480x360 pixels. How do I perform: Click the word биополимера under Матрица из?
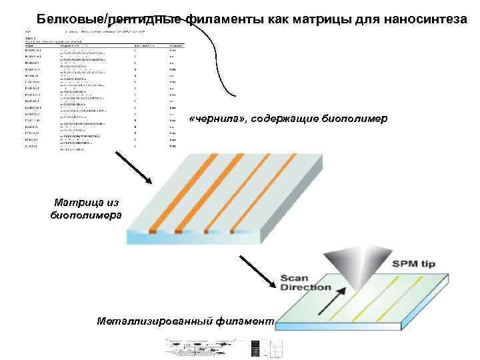86,215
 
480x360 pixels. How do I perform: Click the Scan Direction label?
305,283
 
